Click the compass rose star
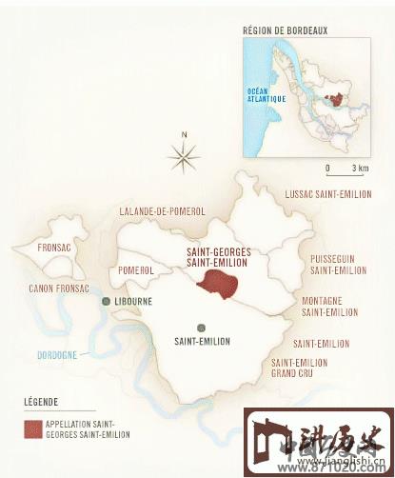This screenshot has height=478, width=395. [185, 152]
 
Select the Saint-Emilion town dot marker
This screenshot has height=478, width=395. [201, 326]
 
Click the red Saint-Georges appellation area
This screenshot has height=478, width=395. [218, 283]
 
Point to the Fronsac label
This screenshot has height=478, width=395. [55, 248]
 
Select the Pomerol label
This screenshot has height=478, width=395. [137, 270]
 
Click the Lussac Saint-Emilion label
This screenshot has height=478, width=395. [326, 194]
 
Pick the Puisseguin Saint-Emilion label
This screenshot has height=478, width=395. [338, 264]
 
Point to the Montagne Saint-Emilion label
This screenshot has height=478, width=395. [328, 306]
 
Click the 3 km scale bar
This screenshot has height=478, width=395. [343, 174]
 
